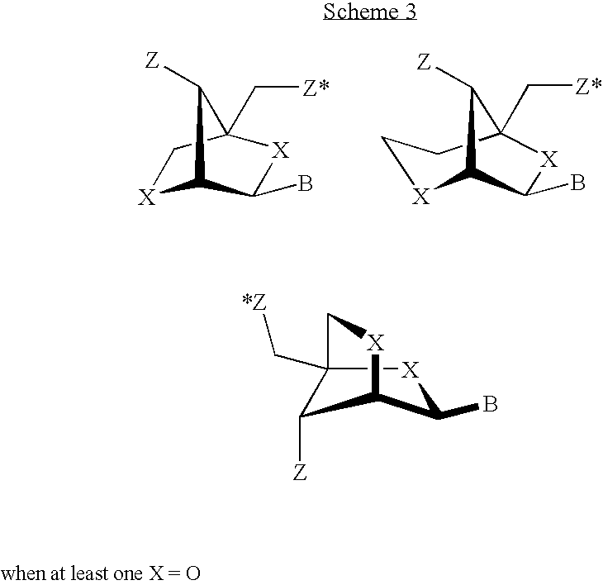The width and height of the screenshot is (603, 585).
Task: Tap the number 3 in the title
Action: tap(409, 11)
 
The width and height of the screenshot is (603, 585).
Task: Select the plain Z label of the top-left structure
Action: tap(152, 60)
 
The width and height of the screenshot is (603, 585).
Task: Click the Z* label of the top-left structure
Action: tap(316, 88)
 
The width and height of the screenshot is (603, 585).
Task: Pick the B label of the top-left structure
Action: tap(306, 183)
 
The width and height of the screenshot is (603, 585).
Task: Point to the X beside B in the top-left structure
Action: tap(280, 150)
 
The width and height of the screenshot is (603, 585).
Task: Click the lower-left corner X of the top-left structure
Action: tap(147, 197)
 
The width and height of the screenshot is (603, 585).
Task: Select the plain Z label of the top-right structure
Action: tap(424, 62)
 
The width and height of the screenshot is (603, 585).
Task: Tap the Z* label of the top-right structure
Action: tap(588, 87)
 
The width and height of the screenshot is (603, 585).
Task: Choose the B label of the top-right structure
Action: tap(577, 183)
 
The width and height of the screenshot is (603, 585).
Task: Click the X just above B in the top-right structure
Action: tap(548, 159)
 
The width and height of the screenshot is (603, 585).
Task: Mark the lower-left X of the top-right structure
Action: tap(420, 197)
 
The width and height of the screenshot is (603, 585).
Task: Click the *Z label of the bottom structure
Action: tap(254, 302)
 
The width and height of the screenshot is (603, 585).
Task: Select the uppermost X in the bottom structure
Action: tap(375, 343)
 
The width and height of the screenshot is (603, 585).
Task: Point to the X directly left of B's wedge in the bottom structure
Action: tap(410, 370)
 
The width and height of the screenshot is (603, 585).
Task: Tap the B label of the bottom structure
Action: tap(490, 404)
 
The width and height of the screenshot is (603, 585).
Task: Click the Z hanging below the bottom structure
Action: tap(300, 473)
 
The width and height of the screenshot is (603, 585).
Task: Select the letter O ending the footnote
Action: tap(193, 574)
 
